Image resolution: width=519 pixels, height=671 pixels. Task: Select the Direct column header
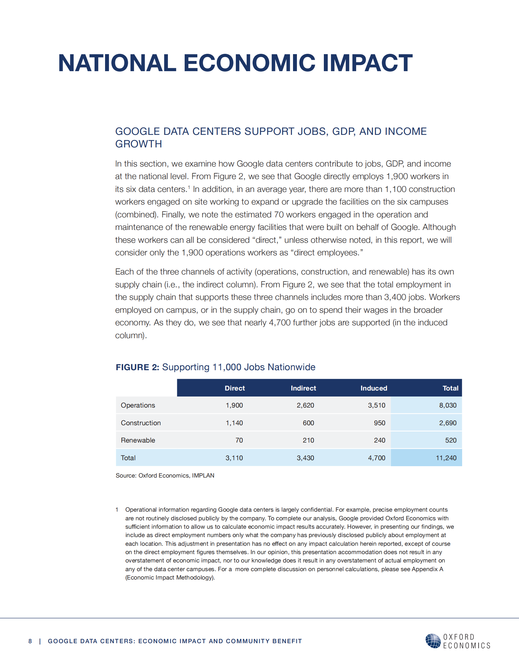tap(235, 388)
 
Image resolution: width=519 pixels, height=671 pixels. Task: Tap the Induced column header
tap(374, 388)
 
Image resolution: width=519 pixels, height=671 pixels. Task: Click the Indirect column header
tap(303, 388)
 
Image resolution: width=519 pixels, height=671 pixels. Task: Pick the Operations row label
tap(138, 405)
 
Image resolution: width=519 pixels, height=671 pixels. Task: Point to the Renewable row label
tap(138, 440)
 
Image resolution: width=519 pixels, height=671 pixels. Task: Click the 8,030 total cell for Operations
tap(448, 405)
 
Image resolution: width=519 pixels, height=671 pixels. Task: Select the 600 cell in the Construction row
tap(308, 423)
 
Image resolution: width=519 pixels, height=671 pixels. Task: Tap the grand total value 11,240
tap(446, 458)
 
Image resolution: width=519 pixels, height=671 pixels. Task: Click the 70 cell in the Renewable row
tap(239, 440)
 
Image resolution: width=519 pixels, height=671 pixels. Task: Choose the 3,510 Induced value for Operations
tap(376, 405)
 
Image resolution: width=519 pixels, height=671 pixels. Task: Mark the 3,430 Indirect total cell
tap(305, 458)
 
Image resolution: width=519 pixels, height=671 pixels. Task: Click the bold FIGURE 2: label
tap(137, 367)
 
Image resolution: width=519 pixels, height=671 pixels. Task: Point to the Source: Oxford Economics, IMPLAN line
tap(165, 475)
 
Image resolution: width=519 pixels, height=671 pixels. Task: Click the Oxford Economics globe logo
tap(433, 641)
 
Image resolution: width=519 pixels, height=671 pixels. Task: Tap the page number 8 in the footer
tap(30, 641)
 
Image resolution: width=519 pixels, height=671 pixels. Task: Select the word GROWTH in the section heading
tap(138, 144)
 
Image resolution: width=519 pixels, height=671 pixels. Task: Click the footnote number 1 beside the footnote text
tap(117, 510)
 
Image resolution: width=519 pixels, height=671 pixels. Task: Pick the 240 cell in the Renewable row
tap(380, 440)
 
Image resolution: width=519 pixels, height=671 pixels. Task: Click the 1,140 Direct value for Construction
tap(234, 423)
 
